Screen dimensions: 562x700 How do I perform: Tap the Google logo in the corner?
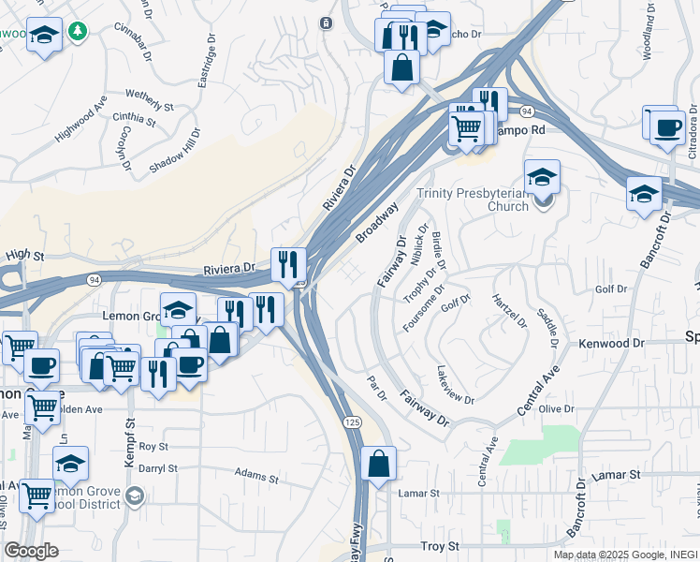tap(31, 551)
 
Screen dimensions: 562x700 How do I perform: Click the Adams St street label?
tap(256, 477)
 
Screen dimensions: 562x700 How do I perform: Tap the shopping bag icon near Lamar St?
tap(378, 464)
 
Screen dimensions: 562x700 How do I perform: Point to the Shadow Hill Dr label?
tap(175, 149)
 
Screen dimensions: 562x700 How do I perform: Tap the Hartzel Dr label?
tap(510, 311)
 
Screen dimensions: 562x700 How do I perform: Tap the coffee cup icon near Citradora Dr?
tap(666, 126)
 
